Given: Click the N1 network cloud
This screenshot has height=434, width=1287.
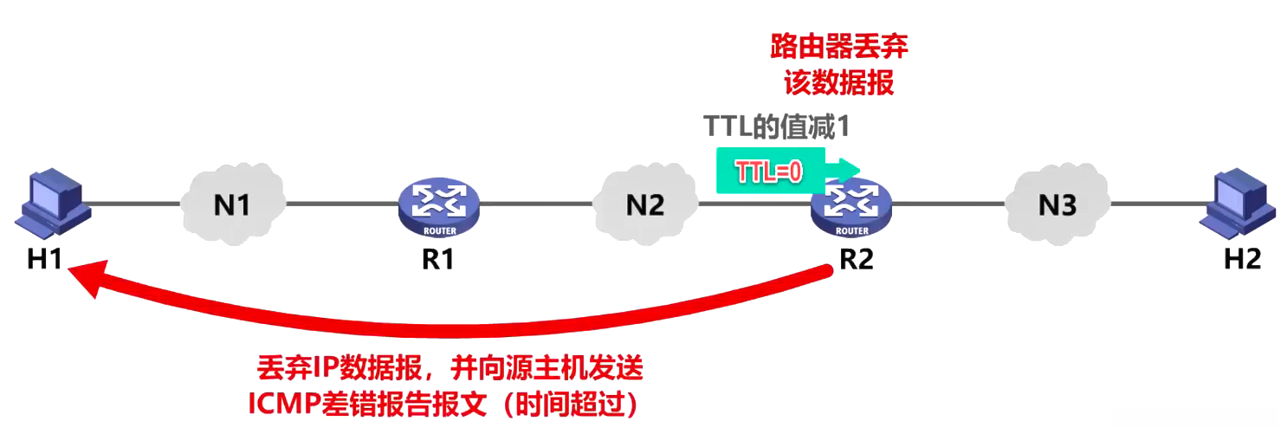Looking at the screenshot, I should point(232,204).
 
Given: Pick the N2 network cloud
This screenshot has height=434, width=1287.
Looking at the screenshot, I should point(644,205).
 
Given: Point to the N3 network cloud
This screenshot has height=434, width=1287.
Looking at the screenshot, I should point(1057,205).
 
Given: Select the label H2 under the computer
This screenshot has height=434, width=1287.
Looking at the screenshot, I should point(1242,259).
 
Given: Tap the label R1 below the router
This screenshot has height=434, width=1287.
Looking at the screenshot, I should point(437,259).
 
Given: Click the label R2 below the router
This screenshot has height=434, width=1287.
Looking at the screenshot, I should point(856,259).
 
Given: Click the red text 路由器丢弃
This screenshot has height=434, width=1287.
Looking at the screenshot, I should point(838,46).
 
